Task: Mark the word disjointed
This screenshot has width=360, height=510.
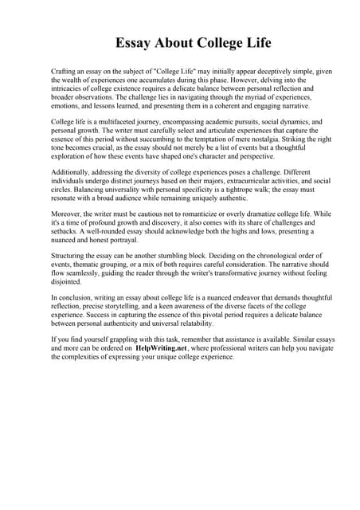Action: click(67, 281)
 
